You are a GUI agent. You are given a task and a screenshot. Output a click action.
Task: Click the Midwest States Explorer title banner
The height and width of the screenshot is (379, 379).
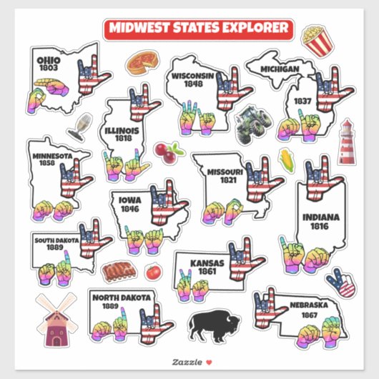[198, 29]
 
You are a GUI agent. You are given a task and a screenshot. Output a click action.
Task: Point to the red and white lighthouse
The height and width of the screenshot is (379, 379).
[346, 142]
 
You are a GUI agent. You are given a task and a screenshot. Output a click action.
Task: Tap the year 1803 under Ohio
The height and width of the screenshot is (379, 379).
[49, 67]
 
